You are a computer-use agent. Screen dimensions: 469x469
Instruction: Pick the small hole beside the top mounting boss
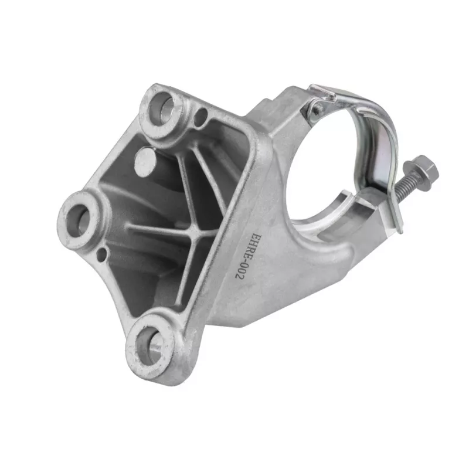[201, 117]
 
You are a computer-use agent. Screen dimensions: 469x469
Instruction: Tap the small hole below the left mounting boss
[102, 254]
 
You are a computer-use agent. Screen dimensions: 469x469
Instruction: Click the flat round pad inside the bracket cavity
[145, 162]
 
